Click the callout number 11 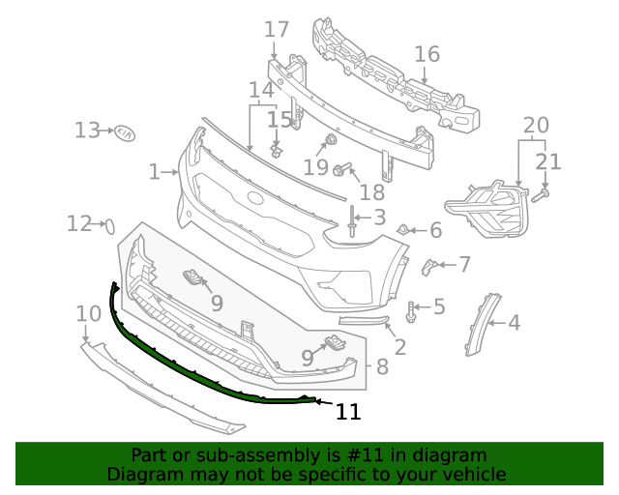coord(348,412)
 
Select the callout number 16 coord(427,54)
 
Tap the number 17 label coord(277,30)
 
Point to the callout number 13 coord(87,130)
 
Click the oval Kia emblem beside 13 coord(125,132)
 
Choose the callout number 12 coord(78,224)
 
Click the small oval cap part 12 coord(109,227)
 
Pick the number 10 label coord(88,313)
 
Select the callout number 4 coord(514,323)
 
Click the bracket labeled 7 coord(429,265)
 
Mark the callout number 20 coord(535,125)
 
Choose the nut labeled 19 coord(330,142)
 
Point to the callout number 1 coord(154,172)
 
